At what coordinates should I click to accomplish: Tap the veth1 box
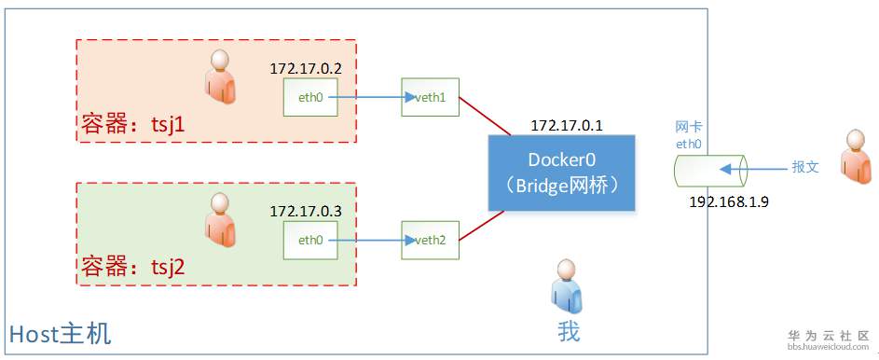[430, 97]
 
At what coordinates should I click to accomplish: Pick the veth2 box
[430, 240]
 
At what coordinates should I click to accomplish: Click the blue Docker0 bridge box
[562, 172]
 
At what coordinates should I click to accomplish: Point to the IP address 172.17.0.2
[307, 69]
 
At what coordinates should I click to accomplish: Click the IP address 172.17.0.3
[307, 212]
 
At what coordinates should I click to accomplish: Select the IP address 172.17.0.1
[567, 124]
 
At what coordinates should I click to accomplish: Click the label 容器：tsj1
[132, 124]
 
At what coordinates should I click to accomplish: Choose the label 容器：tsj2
[132, 267]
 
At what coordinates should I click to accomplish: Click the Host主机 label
[60, 333]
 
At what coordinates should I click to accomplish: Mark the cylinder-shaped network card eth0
[711, 171]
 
